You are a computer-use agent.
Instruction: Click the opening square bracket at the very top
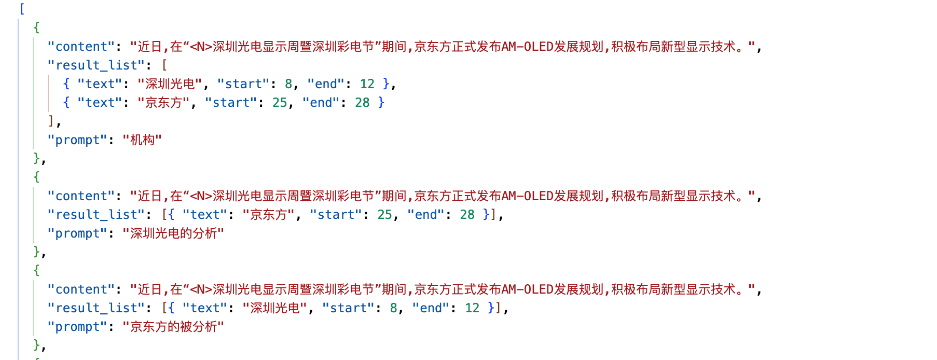click(22, 9)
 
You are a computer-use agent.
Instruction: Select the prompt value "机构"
click(142, 140)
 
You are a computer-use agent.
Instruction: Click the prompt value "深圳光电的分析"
click(173, 233)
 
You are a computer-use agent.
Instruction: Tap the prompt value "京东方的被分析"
click(173, 327)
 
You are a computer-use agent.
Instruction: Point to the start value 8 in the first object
click(288, 84)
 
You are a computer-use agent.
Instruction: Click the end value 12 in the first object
click(367, 84)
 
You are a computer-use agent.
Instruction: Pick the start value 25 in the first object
click(280, 103)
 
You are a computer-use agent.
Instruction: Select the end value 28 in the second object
click(467, 215)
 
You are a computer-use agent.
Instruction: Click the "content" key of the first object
click(80, 47)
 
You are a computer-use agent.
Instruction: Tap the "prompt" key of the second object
click(77, 233)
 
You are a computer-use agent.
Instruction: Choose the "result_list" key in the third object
click(96, 308)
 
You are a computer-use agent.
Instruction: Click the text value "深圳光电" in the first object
click(170, 84)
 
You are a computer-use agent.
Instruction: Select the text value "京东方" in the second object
click(269, 215)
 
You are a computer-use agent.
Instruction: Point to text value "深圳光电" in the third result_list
click(275, 308)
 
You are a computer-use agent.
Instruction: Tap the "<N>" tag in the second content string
click(201, 196)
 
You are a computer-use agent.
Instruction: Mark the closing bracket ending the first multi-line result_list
click(51, 121)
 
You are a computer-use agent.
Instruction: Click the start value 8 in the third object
click(394, 308)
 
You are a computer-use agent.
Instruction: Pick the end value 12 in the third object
click(472, 308)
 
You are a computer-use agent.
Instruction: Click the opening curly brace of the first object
click(36, 27)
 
